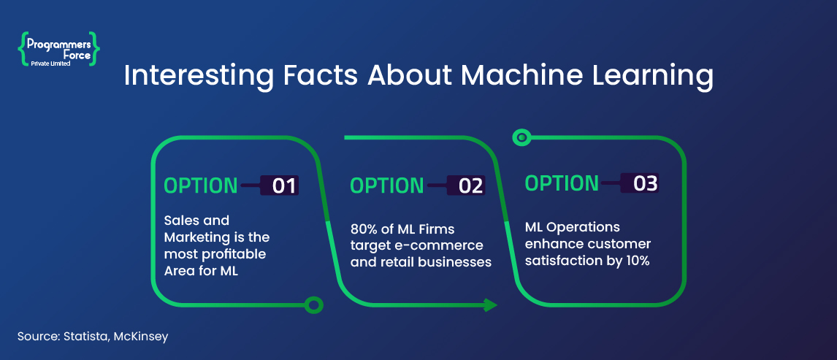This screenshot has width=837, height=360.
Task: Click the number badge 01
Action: [x=284, y=185]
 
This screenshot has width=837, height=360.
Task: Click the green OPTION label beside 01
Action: [x=200, y=185]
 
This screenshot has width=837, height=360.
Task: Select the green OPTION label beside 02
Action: [x=387, y=185]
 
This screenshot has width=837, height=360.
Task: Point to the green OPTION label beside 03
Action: [x=562, y=183]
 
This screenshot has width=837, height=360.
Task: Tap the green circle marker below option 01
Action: [x=313, y=305]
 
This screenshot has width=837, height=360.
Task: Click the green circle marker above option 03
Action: [x=521, y=136]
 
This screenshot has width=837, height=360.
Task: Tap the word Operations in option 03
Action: [x=586, y=226]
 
